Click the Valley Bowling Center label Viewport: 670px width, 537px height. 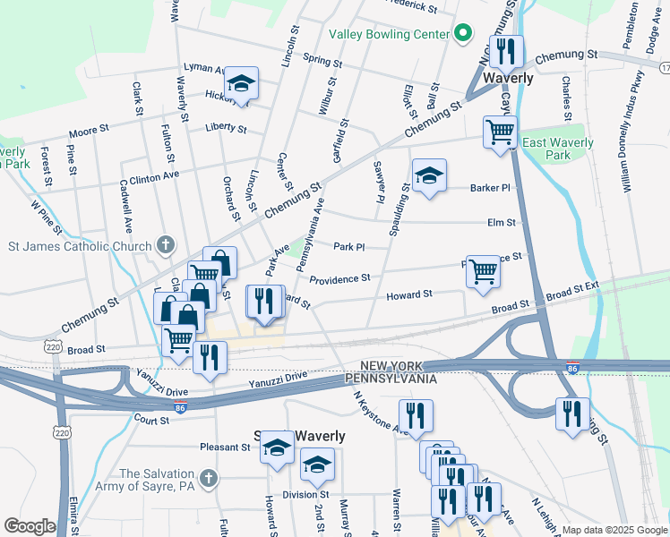388,34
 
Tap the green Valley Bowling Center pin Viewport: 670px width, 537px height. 462,34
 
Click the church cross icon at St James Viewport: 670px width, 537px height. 165,243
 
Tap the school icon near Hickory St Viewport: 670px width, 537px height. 240,83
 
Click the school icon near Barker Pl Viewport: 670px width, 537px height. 429,175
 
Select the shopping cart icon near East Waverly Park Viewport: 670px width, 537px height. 500,132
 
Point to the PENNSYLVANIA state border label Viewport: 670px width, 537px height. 391,379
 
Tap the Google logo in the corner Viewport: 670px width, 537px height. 29,526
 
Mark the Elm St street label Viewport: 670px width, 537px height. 502,222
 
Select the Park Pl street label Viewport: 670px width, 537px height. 349,247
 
